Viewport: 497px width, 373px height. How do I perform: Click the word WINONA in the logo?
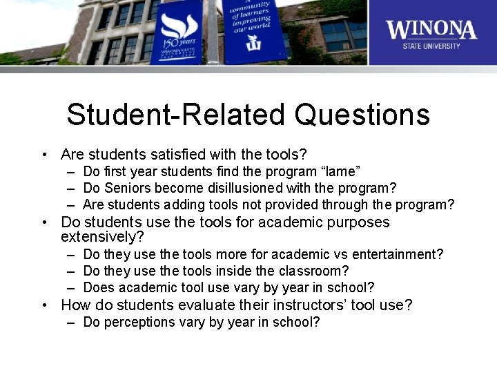431,30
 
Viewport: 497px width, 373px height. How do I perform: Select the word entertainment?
401,254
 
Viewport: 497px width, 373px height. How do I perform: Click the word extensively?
100,237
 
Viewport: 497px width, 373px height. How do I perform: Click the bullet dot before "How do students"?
43,305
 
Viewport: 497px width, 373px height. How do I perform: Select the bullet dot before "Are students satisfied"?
43,154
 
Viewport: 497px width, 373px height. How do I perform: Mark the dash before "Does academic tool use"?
72,287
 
